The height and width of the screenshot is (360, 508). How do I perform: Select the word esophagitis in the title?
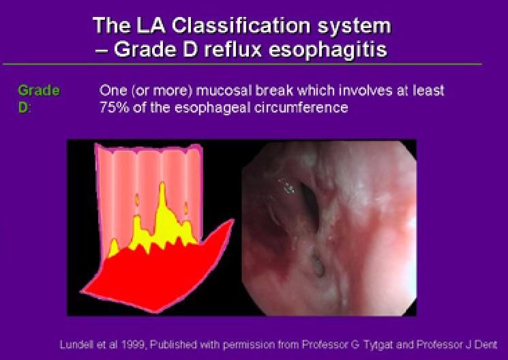[x=327, y=50]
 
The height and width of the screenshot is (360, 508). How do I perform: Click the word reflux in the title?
[x=231, y=50]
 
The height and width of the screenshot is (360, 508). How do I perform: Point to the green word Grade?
[x=39, y=91]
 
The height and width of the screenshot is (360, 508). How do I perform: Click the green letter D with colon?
[x=24, y=107]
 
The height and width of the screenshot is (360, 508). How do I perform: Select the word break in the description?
[x=274, y=91]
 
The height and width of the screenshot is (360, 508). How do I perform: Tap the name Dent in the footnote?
[x=484, y=344]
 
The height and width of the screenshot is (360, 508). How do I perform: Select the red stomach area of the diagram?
[x=152, y=275]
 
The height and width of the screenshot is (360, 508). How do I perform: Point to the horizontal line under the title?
[x=242, y=64]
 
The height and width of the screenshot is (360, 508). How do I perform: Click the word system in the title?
[x=354, y=27]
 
